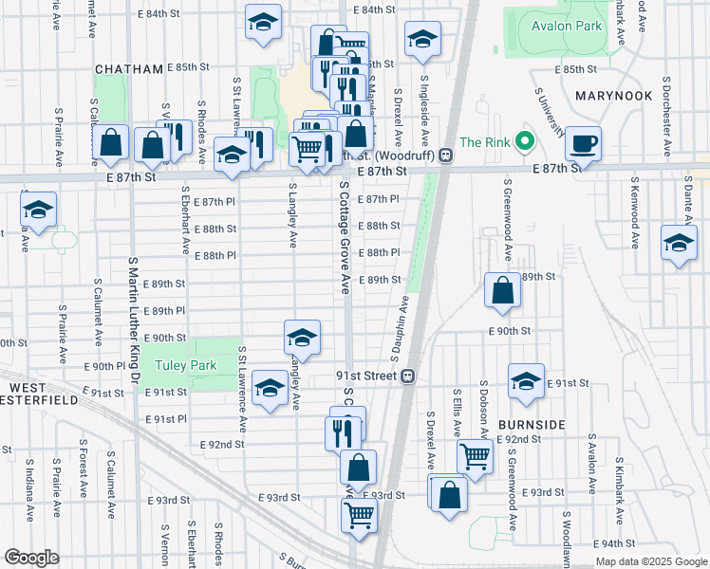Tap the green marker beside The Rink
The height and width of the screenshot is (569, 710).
[523, 143]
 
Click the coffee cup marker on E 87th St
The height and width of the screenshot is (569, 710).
[583, 144]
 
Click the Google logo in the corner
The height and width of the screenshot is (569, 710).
[31, 557]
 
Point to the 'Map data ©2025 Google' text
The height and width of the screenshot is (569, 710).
[650, 560]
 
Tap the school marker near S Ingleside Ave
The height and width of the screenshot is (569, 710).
[422, 39]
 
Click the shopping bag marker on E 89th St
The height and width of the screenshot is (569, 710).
[502, 291]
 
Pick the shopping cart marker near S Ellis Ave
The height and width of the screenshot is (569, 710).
[475, 455]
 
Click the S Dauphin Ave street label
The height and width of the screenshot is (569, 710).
[400, 328]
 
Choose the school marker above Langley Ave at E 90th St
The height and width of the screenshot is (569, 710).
[302, 337]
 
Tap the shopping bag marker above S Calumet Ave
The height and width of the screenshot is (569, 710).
[111, 143]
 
